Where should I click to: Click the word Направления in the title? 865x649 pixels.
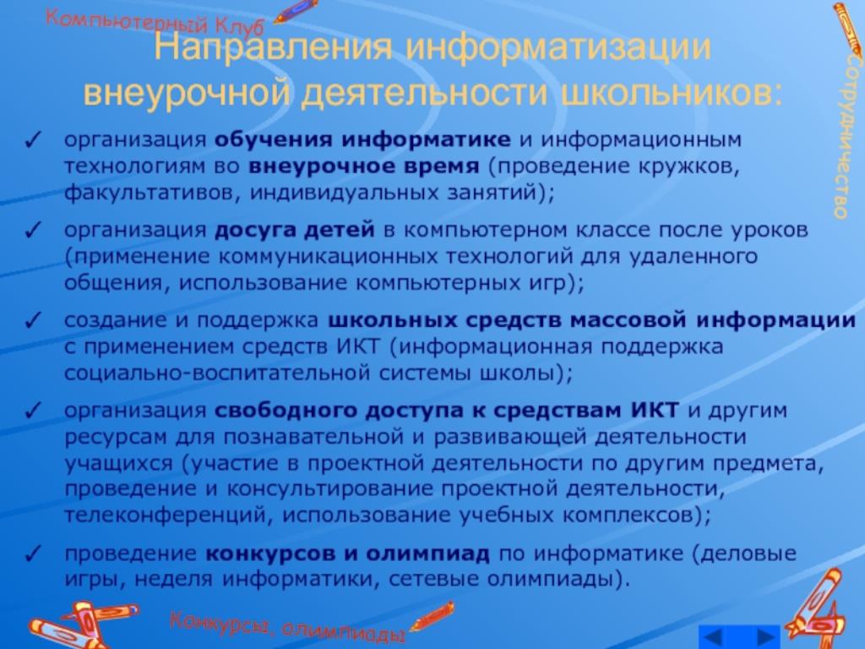click(x=274, y=47)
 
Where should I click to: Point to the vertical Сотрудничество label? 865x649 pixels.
click(x=841, y=136)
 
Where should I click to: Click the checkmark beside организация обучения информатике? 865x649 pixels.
click(x=32, y=141)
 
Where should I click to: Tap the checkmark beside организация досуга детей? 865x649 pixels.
click(x=32, y=230)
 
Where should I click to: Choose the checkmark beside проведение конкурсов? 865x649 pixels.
click(x=32, y=554)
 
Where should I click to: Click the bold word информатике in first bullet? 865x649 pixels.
click(x=426, y=140)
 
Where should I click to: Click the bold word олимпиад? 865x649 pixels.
click(x=427, y=554)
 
